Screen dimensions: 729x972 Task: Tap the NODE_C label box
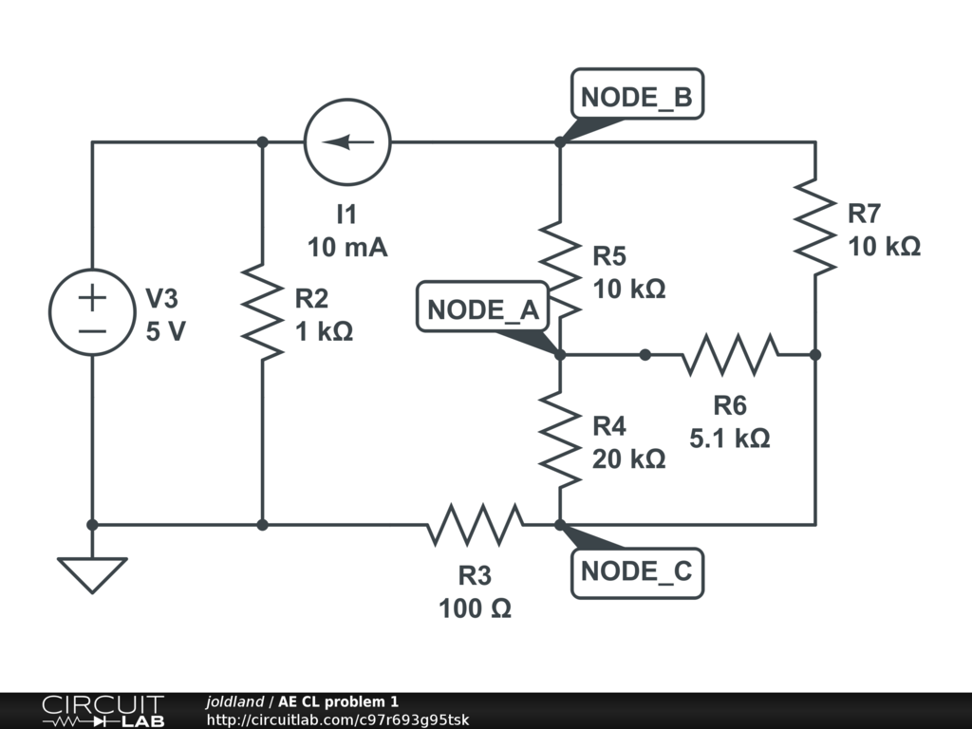click(637, 571)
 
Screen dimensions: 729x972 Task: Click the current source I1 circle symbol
click(346, 142)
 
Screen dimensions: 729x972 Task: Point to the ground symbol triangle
click(92, 573)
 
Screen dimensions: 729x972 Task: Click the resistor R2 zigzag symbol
click(263, 313)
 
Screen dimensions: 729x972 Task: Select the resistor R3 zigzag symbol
click(475, 524)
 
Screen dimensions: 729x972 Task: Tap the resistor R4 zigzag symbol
click(560, 439)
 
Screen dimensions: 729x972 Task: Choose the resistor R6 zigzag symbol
click(730, 355)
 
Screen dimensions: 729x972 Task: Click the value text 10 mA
click(347, 248)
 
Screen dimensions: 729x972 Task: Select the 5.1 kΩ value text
click(730, 439)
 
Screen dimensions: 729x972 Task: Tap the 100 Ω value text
click(475, 608)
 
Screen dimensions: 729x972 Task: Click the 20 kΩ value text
click(628, 458)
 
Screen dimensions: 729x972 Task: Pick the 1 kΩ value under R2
click(324, 332)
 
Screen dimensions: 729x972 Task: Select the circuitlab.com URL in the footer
click(337, 720)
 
